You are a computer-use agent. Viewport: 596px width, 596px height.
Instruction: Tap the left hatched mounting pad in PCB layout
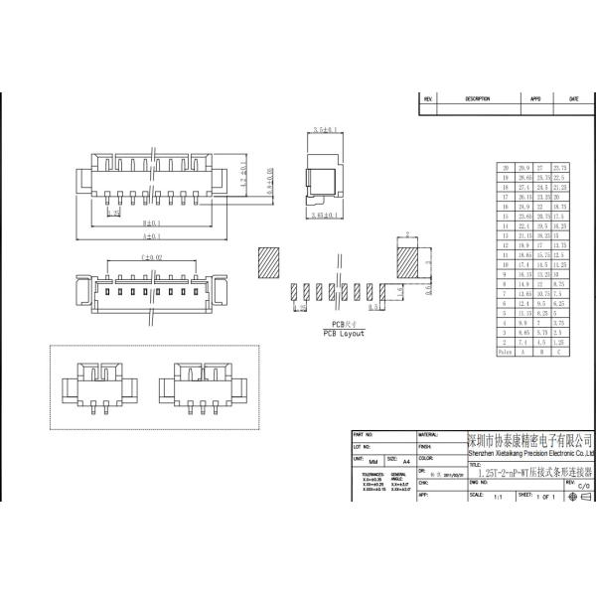(272, 263)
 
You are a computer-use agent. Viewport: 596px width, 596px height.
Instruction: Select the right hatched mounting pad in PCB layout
(409, 263)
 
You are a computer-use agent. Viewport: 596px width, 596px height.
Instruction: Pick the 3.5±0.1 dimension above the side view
(325, 130)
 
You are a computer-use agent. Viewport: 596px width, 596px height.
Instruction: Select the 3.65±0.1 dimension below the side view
(325, 214)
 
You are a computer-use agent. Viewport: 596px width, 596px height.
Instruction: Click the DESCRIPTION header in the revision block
(478, 99)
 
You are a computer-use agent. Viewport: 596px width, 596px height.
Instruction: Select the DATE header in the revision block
(573, 99)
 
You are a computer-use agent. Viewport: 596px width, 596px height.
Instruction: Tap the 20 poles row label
(507, 168)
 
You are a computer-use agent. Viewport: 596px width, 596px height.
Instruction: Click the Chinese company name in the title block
(530, 439)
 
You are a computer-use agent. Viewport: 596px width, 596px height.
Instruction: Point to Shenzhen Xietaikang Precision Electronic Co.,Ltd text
(530, 453)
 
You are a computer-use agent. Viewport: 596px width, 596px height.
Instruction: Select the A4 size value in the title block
(405, 462)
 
